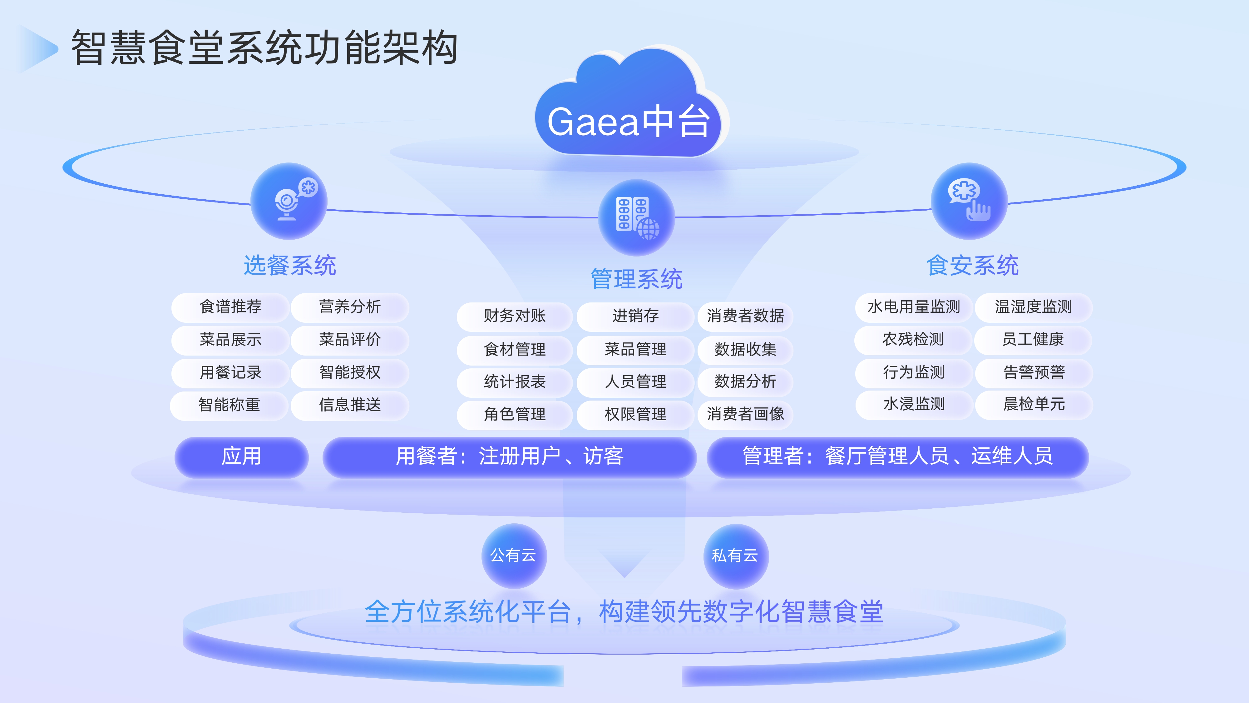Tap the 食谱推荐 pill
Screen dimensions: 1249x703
tap(230, 307)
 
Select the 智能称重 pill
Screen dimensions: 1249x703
tap(229, 405)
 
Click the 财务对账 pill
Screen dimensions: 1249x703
tap(515, 316)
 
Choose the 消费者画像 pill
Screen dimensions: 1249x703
tap(745, 414)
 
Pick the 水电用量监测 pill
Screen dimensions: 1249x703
tap(913, 307)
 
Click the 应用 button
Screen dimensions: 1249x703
tap(241, 456)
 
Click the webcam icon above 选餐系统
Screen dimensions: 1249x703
tap(289, 201)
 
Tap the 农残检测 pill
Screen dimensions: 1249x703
tap(913, 340)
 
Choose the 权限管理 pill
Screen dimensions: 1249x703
tap(635, 414)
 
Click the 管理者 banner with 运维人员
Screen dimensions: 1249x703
tap(897, 456)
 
